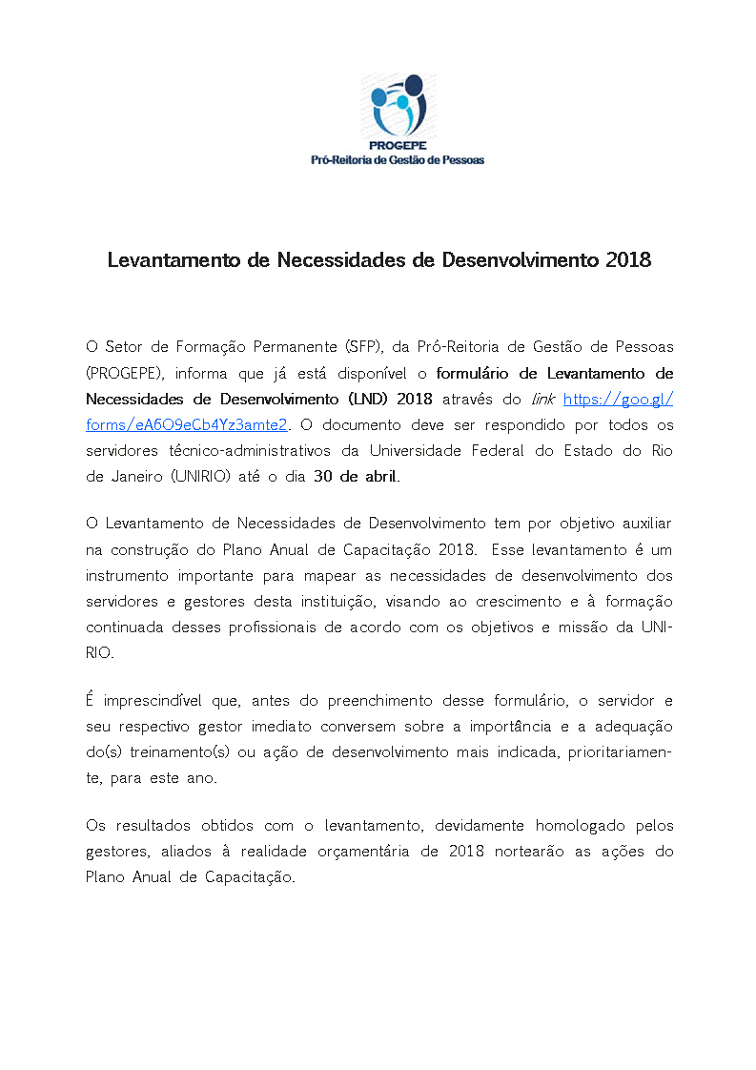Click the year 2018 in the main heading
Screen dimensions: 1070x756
click(x=628, y=259)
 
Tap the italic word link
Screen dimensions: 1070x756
click(x=541, y=399)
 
